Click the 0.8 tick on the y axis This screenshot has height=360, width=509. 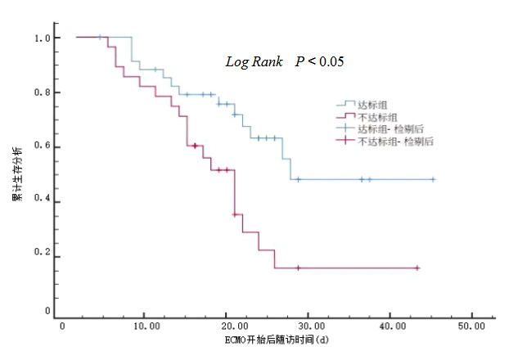click(42, 92)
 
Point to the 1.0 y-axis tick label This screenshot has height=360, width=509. click(42, 38)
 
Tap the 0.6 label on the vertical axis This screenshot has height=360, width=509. click(42, 146)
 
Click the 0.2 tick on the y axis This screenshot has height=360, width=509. click(42, 257)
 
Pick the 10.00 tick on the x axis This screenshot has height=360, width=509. click(144, 326)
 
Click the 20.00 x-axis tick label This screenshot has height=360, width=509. click(227, 326)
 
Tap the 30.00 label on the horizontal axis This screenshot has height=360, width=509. click(309, 326)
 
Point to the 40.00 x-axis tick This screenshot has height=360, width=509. click(390, 326)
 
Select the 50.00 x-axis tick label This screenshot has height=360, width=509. click(472, 326)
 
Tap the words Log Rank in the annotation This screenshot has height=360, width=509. click(254, 61)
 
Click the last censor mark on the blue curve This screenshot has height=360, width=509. click(433, 179)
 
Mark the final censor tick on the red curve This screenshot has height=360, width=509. click(417, 268)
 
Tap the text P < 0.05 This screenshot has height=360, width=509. click(321, 61)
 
